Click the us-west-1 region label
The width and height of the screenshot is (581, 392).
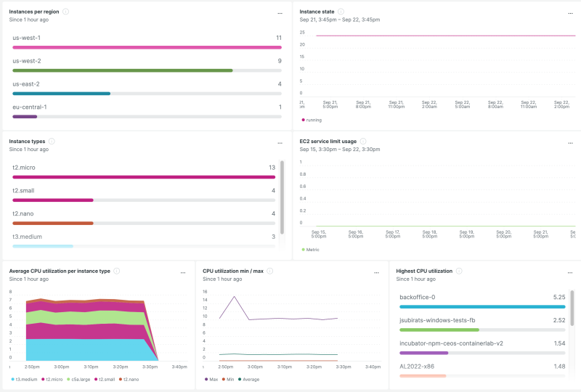(x=26, y=38)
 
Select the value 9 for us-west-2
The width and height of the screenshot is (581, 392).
(x=279, y=61)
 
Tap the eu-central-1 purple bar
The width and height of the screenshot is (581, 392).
(x=25, y=116)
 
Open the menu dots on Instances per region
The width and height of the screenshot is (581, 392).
(x=280, y=13)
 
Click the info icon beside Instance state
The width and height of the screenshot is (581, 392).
(x=341, y=12)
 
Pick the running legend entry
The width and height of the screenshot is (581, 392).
(x=312, y=120)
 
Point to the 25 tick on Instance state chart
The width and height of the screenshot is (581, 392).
(x=302, y=32)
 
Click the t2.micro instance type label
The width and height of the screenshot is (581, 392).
(x=24, y=168)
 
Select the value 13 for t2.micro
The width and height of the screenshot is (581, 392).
(x=272, y=168)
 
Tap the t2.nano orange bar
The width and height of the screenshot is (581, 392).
(x=53, y=223)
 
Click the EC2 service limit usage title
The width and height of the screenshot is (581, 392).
(x=328, y=141)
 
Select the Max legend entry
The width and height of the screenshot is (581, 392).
(x=213, y=379)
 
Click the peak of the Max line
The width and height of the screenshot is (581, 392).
(x=234, y=296)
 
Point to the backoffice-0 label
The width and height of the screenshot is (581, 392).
(x=418, y=297)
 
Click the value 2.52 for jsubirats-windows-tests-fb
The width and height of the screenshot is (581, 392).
(x=559, y=319)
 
